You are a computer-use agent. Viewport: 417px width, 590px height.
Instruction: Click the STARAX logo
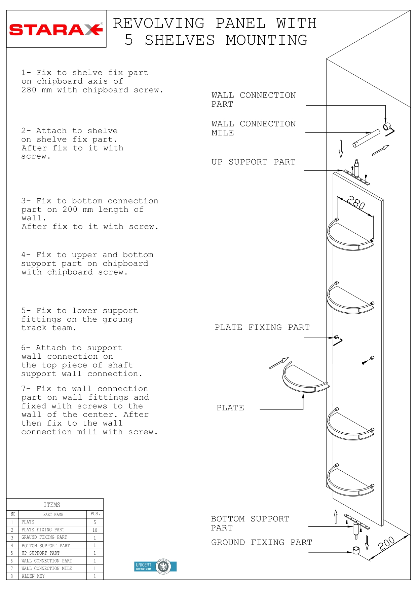coord(56,30)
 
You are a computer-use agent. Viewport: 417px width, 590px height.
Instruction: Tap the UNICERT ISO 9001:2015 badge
coord(155,566)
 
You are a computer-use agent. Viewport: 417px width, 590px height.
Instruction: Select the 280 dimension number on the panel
coord(356,203)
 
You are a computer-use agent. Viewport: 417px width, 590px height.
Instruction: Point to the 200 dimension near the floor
coord(386,543)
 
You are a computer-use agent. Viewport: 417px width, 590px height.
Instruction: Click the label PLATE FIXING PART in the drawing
coord(262,327)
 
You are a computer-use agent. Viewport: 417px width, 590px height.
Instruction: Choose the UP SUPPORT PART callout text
coord(253,162)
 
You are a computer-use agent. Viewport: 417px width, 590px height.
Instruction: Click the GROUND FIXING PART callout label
coord(261,542)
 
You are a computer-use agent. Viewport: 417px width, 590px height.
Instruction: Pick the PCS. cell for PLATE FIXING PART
coord(95,530)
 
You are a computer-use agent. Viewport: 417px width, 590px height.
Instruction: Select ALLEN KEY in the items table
coord(33,576)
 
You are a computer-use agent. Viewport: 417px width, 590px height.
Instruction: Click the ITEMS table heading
coord(52,505)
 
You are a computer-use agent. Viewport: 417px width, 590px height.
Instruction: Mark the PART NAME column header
coord(53,514)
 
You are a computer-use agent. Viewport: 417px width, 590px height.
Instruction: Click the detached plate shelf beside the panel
coord(304,380)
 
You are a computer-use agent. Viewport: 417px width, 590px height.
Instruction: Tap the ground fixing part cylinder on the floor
coord(356,550)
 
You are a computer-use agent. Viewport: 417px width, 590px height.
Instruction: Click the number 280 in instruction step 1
coord(29,90)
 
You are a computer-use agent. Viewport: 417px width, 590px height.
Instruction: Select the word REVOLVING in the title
coord(159,24)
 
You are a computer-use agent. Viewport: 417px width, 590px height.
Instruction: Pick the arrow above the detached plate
coord(279,363)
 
